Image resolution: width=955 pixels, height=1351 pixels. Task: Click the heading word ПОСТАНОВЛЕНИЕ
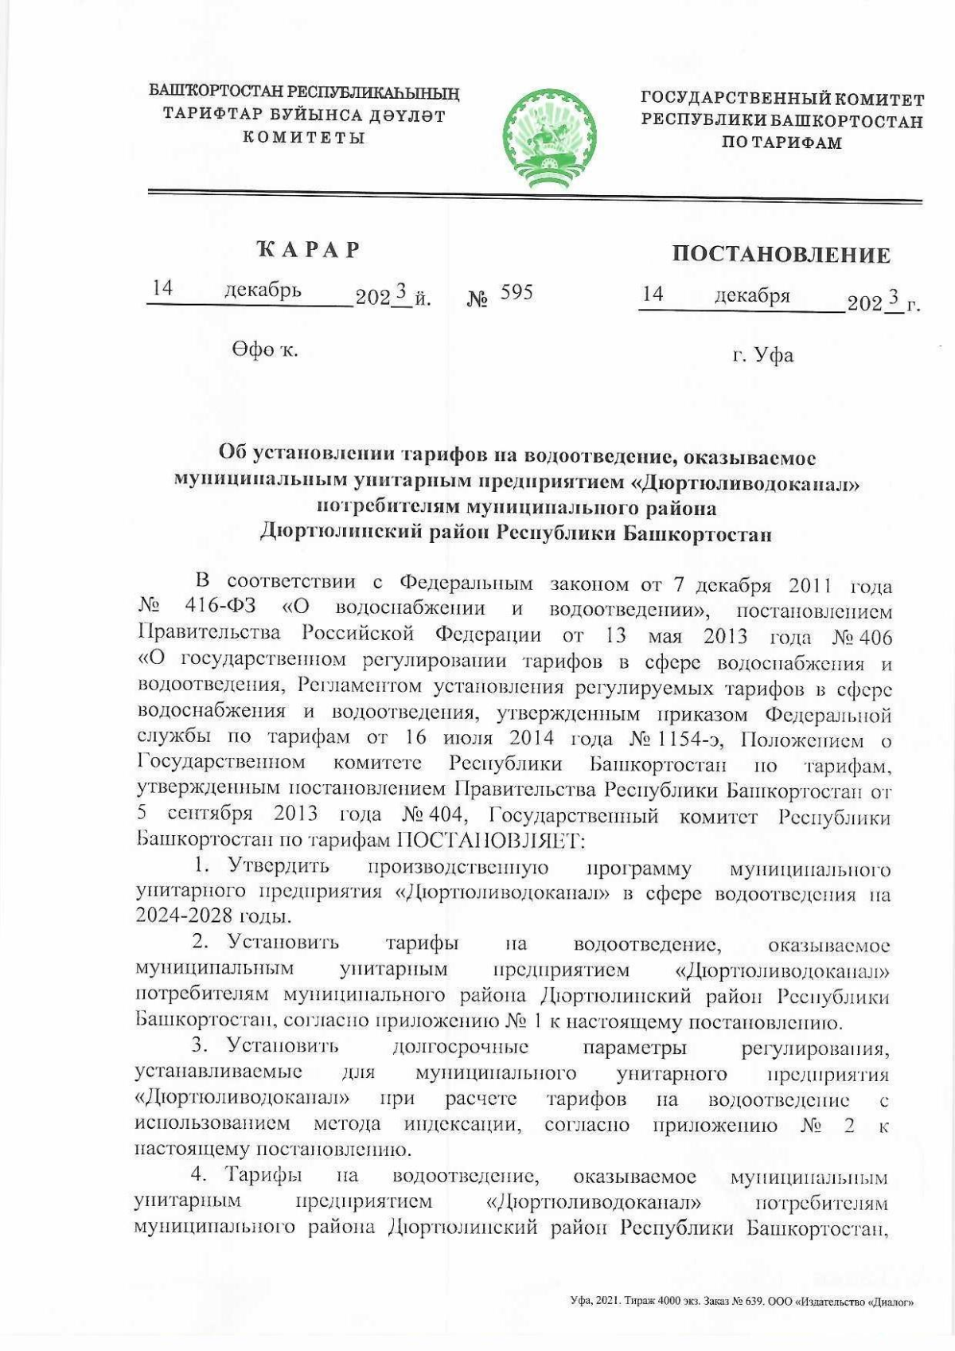tap(781, 255)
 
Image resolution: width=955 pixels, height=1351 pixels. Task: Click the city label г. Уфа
tap(763, 355)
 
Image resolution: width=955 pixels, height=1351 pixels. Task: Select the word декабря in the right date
tap(752, 295)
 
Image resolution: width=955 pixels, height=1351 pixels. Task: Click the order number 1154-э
tap(693, 740)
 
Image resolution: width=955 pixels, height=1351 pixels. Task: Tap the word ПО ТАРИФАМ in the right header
tap(781, 143)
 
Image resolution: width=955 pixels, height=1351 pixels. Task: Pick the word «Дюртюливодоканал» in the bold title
tap(749, 482)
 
